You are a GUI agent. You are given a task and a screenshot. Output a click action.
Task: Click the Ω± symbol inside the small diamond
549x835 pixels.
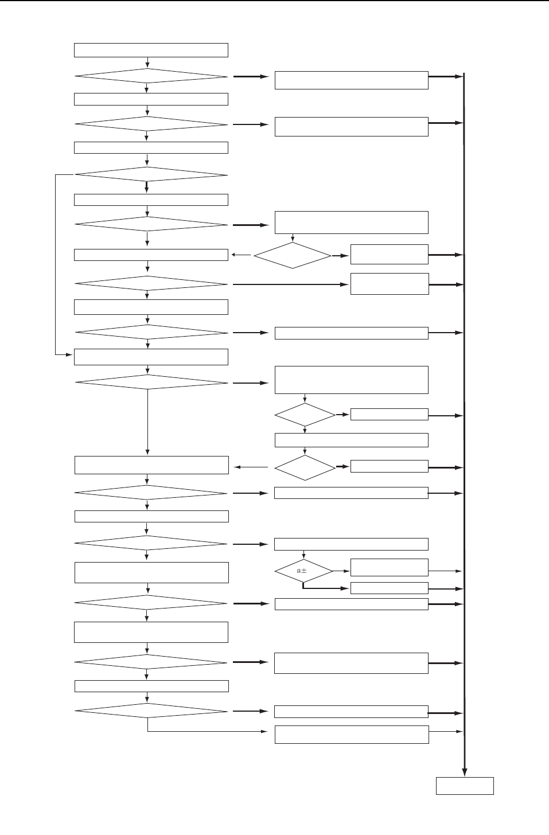[302, 571]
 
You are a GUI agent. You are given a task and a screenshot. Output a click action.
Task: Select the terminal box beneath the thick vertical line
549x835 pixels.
[465, 786]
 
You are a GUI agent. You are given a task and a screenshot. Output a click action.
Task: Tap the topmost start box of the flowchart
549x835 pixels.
[151, 50]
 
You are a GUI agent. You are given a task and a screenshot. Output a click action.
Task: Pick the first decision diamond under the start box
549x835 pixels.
[151, 76]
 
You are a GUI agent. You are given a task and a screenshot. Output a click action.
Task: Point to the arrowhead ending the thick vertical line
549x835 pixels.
[464, 771]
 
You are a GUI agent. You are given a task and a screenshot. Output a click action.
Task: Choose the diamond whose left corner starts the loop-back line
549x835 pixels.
[151, 175]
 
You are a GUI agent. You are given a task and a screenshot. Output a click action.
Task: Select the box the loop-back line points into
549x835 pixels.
[151, 357]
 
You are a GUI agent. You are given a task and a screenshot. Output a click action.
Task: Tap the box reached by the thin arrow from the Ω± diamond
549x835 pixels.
[389, 567]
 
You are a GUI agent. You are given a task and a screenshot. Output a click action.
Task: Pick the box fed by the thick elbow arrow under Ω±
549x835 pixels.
[389, 588]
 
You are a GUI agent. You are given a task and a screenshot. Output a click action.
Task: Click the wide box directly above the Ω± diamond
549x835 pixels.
[351, 544]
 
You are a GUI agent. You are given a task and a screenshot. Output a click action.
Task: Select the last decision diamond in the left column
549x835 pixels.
[151, 711]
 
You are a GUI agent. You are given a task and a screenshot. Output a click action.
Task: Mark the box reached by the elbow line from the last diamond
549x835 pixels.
[351, 735]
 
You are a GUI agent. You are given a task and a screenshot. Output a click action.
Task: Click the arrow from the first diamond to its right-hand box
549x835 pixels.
[251, 76]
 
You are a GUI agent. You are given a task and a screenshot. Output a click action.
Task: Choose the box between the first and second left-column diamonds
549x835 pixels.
[151, 99]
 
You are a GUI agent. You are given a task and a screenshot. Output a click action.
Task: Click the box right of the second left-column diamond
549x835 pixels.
[351, 127]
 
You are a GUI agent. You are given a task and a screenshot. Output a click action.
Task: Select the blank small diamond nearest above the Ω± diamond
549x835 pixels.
[305, 468]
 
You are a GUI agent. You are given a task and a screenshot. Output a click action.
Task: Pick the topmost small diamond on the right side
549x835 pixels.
[293, 255]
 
